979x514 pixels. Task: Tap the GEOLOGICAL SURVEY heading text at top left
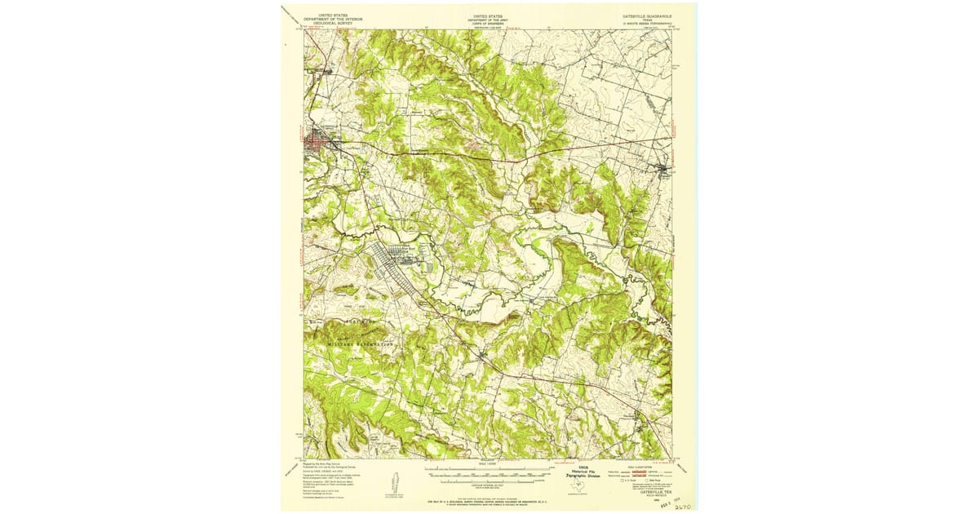pyautogui.click(x=331, y=24)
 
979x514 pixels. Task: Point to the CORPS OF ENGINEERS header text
pyautogui.click(x=489, y=24)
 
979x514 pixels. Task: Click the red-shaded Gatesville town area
pyautogui.click(x=316, y=143)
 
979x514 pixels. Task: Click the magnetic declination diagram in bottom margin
pyautogui.click(x=390, y=483)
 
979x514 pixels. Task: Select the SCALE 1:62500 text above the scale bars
pyautogui.click(x=489, y=464)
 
